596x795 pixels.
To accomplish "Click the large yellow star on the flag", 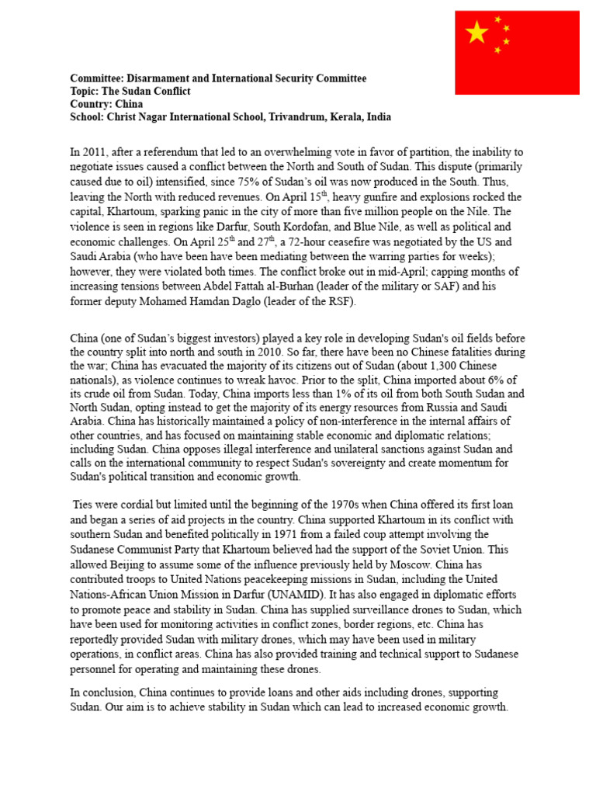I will click(476, 33).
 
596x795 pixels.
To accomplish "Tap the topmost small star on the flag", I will click(498, 19).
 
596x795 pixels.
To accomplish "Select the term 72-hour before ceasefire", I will click(318, 241).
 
